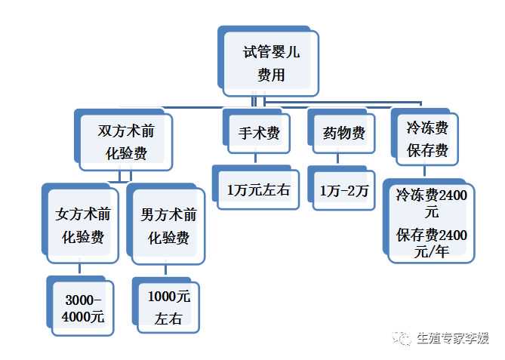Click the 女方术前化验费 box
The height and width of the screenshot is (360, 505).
click(82, 226)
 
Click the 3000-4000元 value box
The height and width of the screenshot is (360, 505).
click(82, 306)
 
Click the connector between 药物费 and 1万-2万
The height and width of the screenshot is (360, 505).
click(340, 159)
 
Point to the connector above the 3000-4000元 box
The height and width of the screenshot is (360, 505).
click(79, 270)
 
